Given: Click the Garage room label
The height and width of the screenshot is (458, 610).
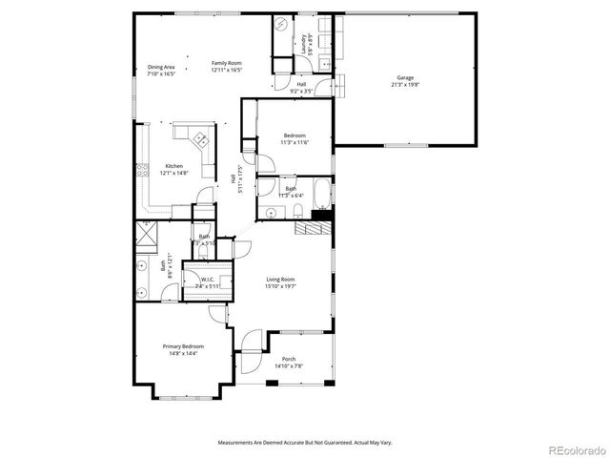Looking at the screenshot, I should point(405,77).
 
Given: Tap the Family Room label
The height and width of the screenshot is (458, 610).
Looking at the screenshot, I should point(227,63).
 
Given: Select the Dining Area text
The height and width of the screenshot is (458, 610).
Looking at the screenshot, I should point(161,66).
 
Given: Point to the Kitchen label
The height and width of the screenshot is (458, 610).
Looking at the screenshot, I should point(173,166).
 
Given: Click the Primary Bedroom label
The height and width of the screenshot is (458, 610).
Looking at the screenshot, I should point(183,346).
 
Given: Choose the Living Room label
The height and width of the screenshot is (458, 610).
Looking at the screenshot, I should point(283,279).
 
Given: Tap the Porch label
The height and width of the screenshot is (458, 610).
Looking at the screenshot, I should point(289,359).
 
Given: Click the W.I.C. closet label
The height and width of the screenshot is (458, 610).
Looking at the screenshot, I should point(207,279).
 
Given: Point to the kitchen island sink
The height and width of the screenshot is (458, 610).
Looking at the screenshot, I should point(201,138).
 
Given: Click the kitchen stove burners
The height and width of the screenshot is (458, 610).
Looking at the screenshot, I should point(142,172).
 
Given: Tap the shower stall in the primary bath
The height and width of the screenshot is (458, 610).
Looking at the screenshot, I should point(146,232).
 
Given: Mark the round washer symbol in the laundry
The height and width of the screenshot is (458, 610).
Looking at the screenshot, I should point(282,26).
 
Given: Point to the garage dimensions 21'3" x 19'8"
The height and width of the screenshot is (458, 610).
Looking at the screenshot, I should point(405,84).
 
